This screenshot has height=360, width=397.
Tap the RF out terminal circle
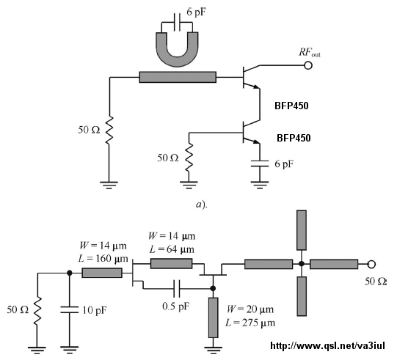[x=308, y=65]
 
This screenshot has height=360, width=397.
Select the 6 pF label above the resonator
[x=196, y=12]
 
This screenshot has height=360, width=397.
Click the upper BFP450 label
[x=291, y=106]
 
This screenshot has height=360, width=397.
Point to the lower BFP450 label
[x=294, y=138]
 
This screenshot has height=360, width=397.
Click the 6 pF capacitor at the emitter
[x=260, y=164]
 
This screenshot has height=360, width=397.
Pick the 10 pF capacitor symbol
[x=70, y=309]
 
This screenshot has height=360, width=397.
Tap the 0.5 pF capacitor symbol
[x=177, y=288]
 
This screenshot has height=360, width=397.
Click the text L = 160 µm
[x=103, y=259]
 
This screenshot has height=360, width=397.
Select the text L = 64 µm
[x=172, y=249]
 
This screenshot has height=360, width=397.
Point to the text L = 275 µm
[x=250, y=323]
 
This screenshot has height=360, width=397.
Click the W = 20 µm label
[x=250, y=309]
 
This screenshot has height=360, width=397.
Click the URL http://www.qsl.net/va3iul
[x=327, y=345]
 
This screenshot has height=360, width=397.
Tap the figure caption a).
[x=202, y=205]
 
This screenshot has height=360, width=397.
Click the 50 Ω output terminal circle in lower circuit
[x=371, y=264]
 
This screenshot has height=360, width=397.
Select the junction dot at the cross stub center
[x=302, y=264]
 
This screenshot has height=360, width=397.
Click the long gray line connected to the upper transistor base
[x=178, y=77]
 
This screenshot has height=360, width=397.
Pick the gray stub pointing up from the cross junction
[x=302, y=230]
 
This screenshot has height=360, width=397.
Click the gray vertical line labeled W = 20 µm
[x=214, y=317]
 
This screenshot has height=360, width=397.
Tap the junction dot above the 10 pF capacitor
[x=70, y=273]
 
